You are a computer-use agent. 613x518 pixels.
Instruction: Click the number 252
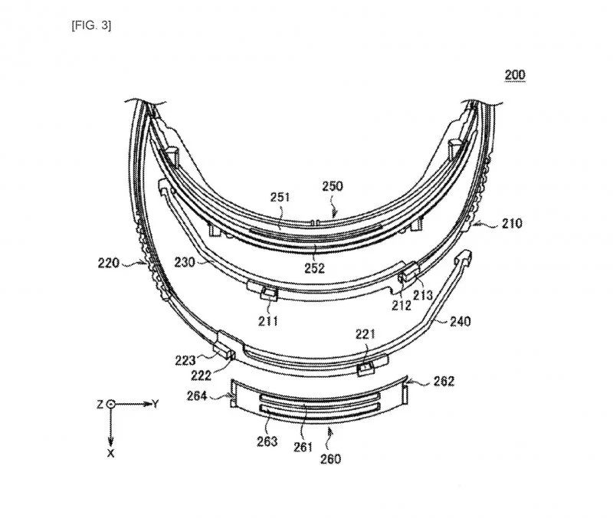point(314,268)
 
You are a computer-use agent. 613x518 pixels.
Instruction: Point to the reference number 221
point(367,333)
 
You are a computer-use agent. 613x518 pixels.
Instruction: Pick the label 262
point(444,381)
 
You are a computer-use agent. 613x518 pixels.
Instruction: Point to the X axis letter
point(111,452)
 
